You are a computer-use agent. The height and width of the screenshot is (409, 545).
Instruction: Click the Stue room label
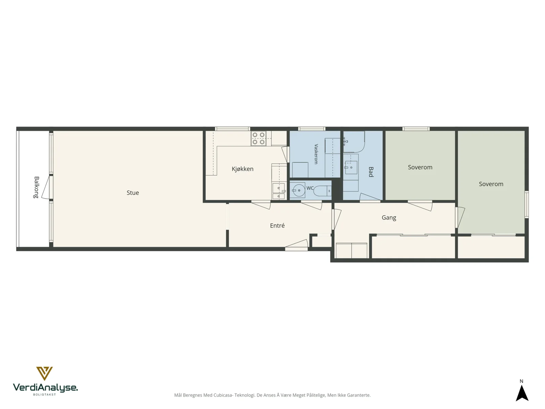click(x=133, y=193)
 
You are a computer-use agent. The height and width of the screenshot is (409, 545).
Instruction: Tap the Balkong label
click(x=36, y=187)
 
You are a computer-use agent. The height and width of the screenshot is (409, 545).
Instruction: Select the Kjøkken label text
click(x=242, y=169)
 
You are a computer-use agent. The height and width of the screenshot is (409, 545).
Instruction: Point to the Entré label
click(x=277, y=226)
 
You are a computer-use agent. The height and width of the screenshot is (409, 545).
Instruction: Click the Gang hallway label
click(x=389, y=218)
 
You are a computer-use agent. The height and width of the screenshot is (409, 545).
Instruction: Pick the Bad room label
click(x=371, y=172)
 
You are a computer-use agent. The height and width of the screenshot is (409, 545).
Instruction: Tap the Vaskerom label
click(x=316, y=154)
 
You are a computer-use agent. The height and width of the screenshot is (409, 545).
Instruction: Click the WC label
click(x=310, y=188)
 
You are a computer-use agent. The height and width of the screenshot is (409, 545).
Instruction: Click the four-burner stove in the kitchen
click(x=259, y=138)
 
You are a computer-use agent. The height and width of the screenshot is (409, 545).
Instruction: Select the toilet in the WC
click(x=322, y=191)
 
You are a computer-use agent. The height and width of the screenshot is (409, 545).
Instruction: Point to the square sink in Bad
click(x=351, y=167)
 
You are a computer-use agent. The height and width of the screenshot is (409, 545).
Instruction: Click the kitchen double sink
click(x=279, y=191)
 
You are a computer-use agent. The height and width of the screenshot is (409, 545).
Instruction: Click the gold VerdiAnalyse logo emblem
click(x=44, y=373)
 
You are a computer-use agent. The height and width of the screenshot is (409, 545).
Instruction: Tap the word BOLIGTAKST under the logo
click(x=44, y=394)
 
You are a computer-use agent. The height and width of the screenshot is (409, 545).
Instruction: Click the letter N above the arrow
click(x=521, y=381)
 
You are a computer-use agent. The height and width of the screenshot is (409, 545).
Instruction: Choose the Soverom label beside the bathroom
click(x=420, y=167)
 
